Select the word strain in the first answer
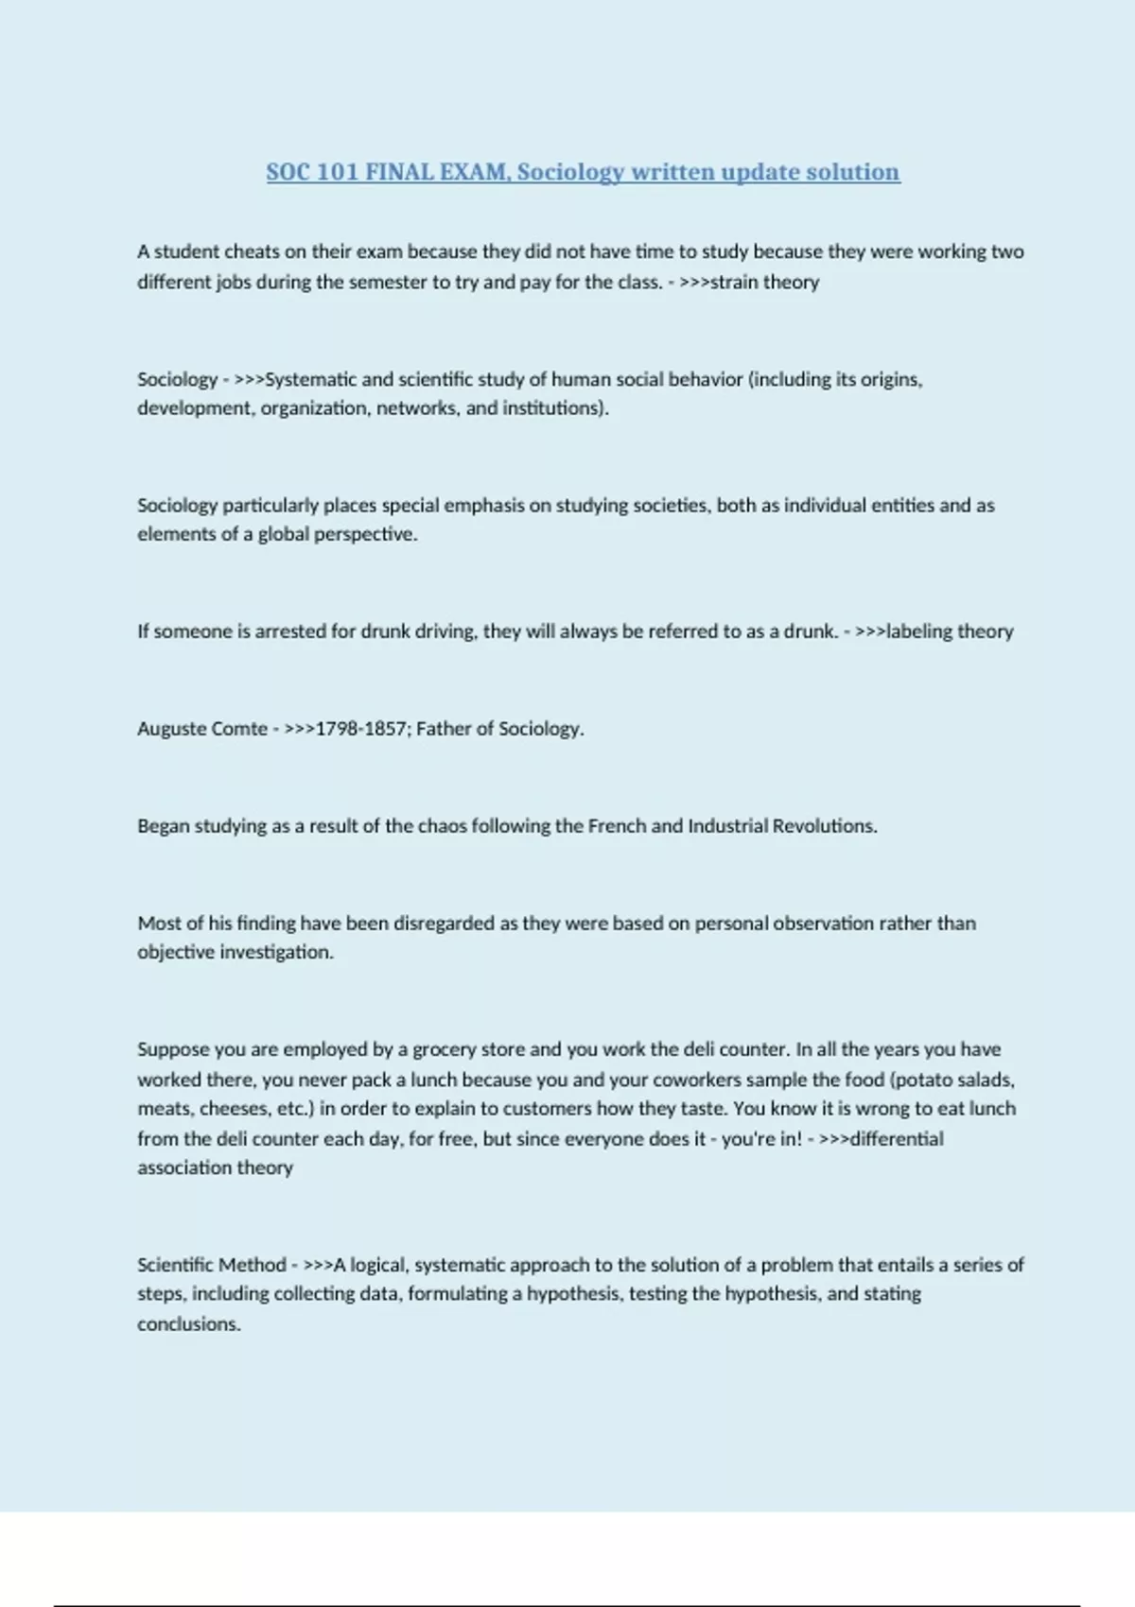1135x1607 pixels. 734,282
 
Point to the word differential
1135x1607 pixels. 897,1139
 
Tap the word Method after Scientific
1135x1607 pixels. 250,1265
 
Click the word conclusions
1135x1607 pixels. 188,1324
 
